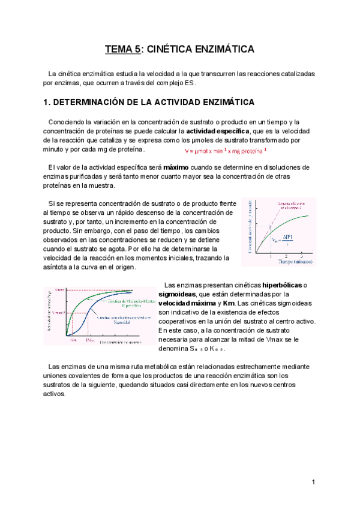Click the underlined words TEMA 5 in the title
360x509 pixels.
[x=122, y=49]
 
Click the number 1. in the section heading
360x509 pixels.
[x=47, y=102]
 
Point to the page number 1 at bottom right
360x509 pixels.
[x=314, y=483]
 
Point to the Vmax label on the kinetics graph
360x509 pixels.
[x=59, y=291]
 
